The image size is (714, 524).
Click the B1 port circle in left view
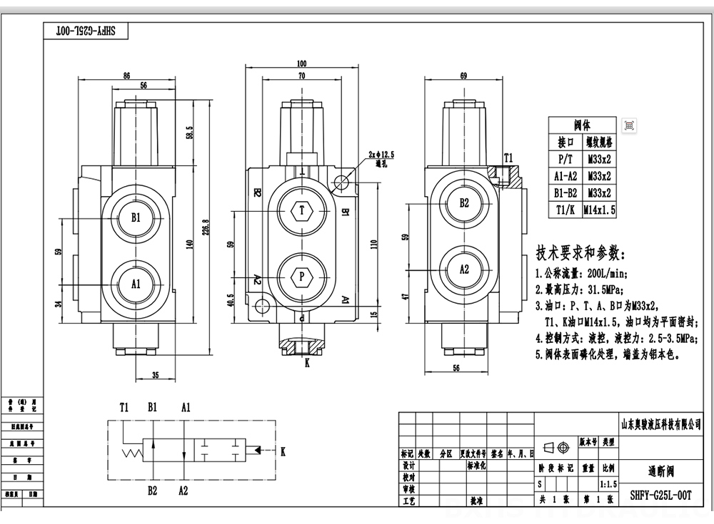[136, 217]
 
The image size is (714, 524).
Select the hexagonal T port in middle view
[301, 210]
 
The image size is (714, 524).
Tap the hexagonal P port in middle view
[301, 275]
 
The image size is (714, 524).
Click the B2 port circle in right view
[463, 203]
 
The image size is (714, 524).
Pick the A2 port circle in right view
[463, 269]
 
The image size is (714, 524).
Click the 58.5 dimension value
[189, 133]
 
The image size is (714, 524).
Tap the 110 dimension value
[375, 243]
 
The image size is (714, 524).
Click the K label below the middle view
[307, 362]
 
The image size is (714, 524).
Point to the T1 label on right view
[508, 157]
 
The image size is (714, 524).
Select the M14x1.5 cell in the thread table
[599, 210]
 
